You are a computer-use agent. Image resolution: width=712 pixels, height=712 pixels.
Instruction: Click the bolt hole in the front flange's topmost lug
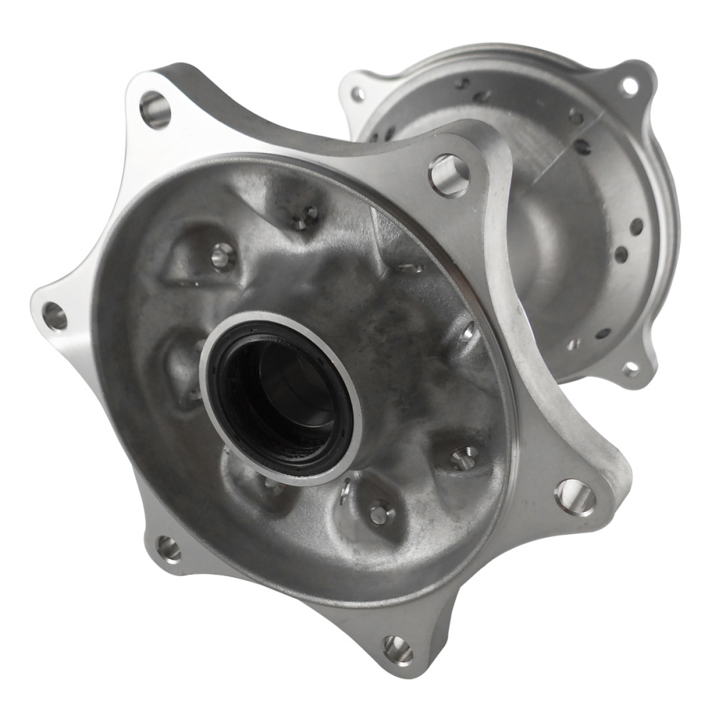pos(155,109)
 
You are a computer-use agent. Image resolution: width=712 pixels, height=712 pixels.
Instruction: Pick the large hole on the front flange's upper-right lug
pos(449,174)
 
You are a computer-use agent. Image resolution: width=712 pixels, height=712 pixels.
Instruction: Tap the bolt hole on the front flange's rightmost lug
pos(575,496)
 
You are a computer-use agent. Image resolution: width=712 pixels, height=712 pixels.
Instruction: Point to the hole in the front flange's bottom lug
pos(397,649)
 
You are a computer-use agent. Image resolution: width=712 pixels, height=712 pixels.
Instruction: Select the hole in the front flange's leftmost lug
pos(55,315)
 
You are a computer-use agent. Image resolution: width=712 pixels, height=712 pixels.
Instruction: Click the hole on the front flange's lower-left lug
pos(169,548)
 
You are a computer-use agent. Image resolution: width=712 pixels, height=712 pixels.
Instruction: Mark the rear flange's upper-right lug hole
pos(629,86)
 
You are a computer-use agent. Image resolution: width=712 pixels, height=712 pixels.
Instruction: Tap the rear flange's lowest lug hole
pos(630,369)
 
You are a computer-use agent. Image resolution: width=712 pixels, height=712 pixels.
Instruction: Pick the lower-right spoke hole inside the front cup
pos(464,458)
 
